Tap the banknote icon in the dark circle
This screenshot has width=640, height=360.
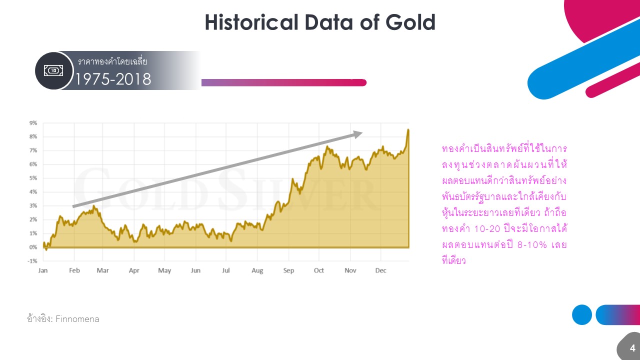click(54, 71)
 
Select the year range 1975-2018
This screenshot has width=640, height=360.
click(113, 79)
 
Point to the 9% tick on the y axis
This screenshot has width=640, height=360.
click(33, 122)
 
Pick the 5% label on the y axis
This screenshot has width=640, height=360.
click(33, 178)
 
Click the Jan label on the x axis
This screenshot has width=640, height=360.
click(43, 270)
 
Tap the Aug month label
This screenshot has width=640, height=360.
click(257, 270)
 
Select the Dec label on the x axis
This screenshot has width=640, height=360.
click(381, 270)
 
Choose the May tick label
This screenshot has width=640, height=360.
click(164, 270)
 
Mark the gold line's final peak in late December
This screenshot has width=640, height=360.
click(408, 130)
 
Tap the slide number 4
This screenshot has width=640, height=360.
click(632, 348)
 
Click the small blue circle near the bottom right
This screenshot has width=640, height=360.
click(582, 315)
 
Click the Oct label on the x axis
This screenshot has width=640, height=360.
click(319, 270)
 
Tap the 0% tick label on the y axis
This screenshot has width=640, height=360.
click(33, 247)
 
